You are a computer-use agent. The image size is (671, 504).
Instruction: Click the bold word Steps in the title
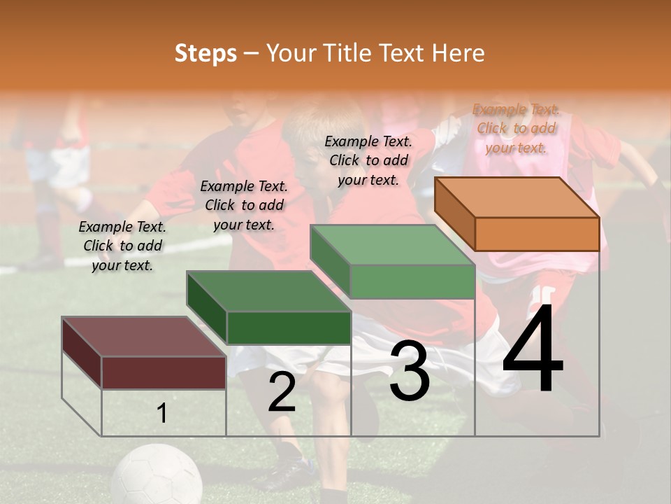(205, 53)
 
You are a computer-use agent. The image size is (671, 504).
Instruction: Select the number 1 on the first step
(162, 414)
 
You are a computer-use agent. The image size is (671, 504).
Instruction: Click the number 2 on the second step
(282, 392)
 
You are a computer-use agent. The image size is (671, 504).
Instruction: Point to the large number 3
(410, 372)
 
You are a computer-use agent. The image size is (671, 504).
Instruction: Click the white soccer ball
(157, 476)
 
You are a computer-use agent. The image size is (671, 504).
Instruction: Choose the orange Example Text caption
(516, 128)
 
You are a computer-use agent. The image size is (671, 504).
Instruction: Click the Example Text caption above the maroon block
(122, 246)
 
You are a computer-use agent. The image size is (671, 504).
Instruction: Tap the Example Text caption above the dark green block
(244, 205)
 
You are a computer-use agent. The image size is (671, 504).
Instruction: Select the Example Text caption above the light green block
(368, 160)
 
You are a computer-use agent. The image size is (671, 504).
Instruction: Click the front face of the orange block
(537, 234)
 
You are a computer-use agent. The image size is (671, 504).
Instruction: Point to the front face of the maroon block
(164, 372)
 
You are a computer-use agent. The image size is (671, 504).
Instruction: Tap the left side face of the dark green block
(207, 309)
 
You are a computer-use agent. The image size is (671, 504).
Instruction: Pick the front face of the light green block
(412, 282)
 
